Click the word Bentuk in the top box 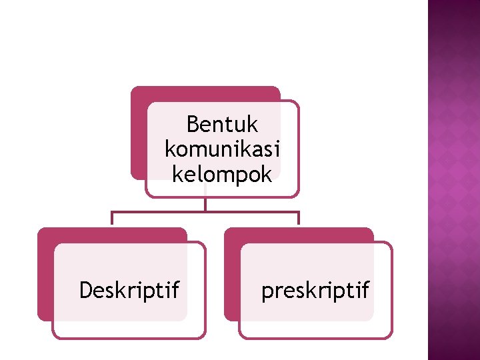[x=222, y=125]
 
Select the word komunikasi [x=222, y=150]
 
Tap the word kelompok [x=222, y=175]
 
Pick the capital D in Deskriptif [x=85, y=291]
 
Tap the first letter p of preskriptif [x=267, y=293]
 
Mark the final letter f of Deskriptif [x=175, y=290]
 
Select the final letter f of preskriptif [x=365, y=290]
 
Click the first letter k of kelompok [x=176, y=175]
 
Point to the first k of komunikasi [x=169, y=150]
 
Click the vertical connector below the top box [x=205, y=204]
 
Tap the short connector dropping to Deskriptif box [x=112, y=219]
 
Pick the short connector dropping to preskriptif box [x=299, y=219]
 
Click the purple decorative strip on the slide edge [x=453, y=180]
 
